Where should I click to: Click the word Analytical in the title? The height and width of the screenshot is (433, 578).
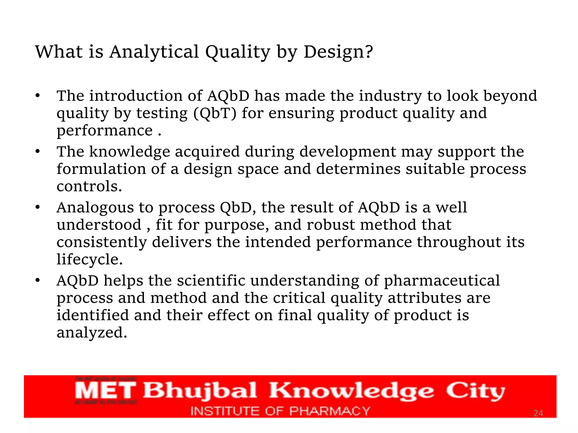(x=154, y=52)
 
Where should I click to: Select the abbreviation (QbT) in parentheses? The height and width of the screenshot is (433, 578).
(x=215, y=113)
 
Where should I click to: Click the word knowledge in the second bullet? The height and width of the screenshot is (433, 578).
(x=130, y=152)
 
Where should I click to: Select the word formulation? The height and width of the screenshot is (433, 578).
(x=101, y=169)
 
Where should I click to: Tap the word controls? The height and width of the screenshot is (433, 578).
(x=89, y=186)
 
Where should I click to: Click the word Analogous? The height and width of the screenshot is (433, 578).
(x=95, y=207)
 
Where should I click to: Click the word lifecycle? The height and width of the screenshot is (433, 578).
(x=89, y=259)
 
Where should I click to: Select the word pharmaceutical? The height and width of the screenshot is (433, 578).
(x=442, y=280)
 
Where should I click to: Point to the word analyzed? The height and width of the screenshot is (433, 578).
(x=92, y=333)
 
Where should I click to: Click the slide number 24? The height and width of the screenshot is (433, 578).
(x=538, y=413)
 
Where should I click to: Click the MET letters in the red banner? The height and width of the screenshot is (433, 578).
(x=106, y=391)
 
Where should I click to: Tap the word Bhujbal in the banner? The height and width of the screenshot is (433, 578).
(x=200, y=391)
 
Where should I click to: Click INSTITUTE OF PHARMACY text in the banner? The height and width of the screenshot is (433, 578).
(x=280, y=411)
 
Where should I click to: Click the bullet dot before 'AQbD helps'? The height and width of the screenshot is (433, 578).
(x=38, y=281)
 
